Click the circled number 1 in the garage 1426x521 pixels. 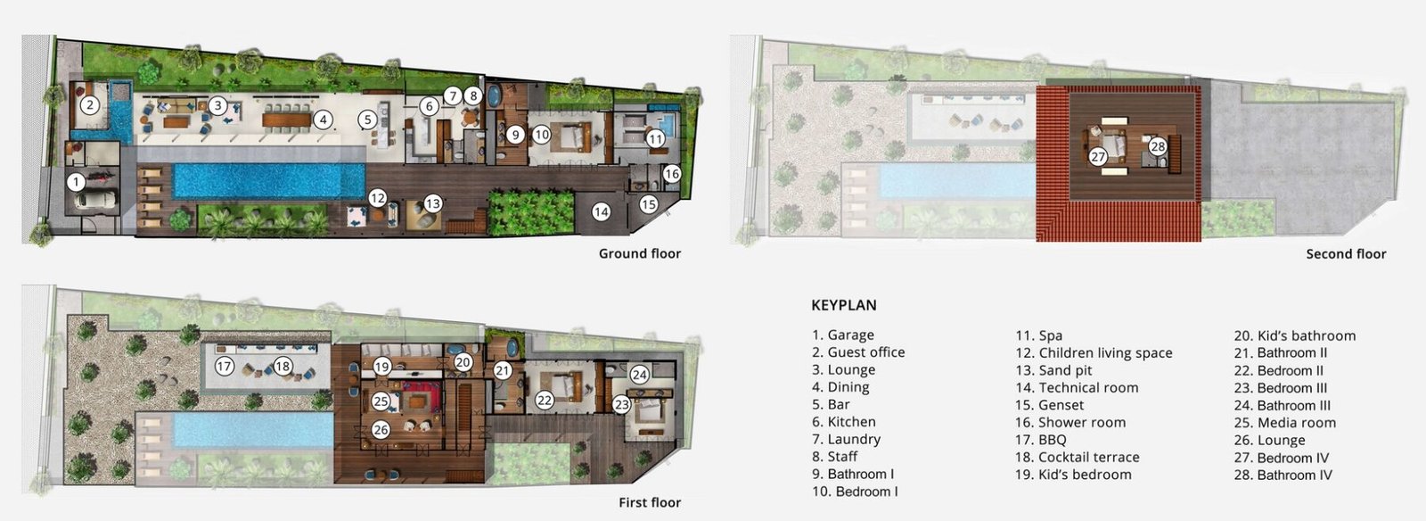[x=76, y=183]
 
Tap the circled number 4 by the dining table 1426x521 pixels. [x=324, y=120]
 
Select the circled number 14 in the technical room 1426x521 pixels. [x=602, y=212]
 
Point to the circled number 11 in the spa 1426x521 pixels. [x=656, y=138]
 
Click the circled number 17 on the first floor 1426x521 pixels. [x=224, y=367]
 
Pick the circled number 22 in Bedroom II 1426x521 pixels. [x=545, y=400]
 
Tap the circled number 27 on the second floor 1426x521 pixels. [x=1098, y=156]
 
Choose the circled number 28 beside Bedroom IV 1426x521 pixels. [x=1158, y=146]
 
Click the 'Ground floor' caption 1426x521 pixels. [x=640, y=253]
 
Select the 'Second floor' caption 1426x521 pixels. [x=1346, y=254]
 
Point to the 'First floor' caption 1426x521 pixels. [x=650, y=502]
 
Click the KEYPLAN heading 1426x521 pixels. [x=844, y=305]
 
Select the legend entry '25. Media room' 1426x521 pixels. [x=1284, y=423]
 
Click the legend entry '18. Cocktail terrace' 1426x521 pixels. [x=1078, y=458]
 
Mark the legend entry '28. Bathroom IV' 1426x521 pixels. [x=1283, y=476]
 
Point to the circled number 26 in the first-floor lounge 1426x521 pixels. [x=381, y=430]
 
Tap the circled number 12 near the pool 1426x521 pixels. [x=378, y=198]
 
